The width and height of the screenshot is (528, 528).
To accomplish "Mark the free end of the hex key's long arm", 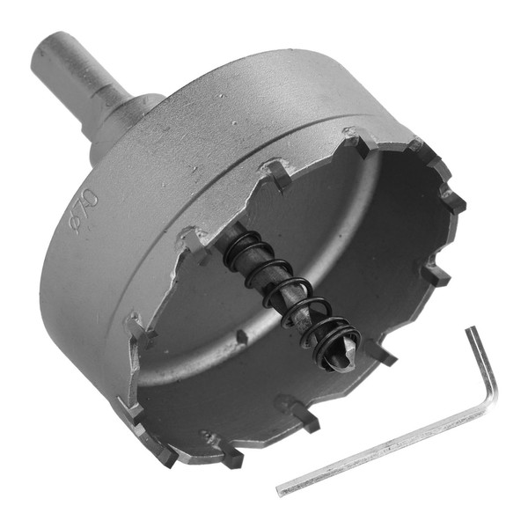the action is [280, 492].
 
